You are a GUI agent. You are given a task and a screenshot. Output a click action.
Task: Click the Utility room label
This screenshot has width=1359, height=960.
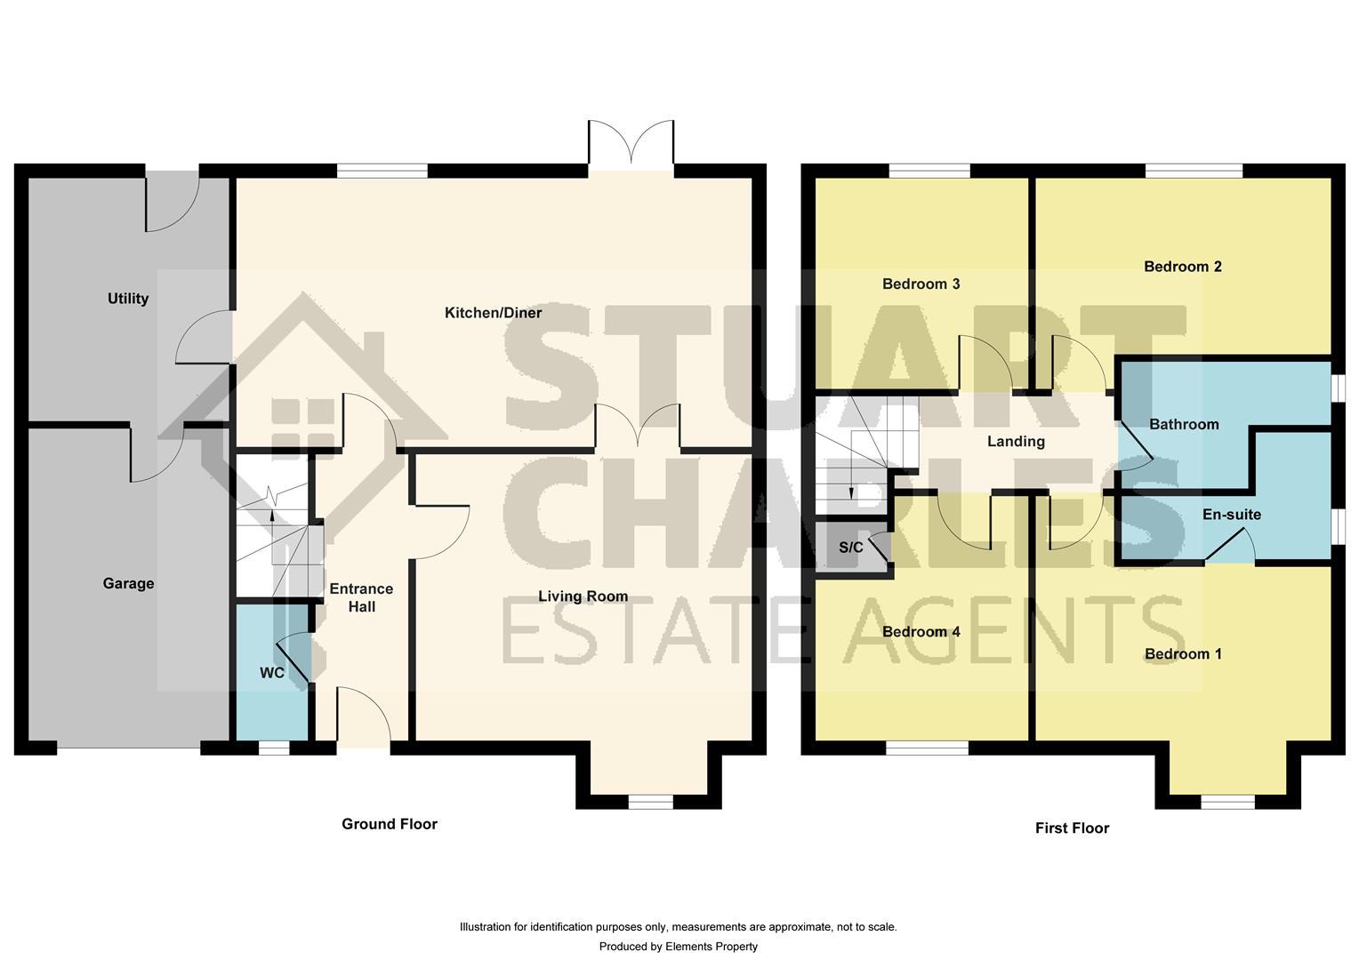click(x=128, y=299)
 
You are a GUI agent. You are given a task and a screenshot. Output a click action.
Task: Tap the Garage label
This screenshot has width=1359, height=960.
click(x=128, y=584)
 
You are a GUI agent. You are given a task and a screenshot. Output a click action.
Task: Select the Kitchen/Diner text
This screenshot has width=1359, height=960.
click(x=493, y=313)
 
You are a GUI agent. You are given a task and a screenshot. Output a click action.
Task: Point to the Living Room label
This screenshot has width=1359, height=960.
click(x=583, y=596)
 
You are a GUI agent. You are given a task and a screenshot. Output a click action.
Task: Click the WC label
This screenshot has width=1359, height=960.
click(x=272, y=673)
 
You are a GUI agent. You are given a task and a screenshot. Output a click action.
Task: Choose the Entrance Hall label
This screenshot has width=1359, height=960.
click(x=361, y=597)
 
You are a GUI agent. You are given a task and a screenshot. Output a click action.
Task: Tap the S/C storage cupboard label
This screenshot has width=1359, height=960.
click(x=850, y=548)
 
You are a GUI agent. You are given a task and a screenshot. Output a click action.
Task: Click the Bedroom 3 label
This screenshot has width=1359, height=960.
click(x=921, y=284)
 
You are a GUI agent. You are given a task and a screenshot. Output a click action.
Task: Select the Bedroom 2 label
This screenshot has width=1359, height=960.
click(x=1182, y=267)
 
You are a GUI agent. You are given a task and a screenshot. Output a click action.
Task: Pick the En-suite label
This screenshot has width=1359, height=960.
click(x=1231, y=515)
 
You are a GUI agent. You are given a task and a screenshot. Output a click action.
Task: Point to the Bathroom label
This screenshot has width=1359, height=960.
click(x=1183, y=425)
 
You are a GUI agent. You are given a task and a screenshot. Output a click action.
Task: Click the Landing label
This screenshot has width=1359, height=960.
click(x=1016, y=442)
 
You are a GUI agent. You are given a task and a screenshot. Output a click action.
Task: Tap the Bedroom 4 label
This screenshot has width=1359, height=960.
click(x=921, y=632)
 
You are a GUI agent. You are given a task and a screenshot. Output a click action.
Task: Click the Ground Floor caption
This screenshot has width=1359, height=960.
click(x=390, y=824)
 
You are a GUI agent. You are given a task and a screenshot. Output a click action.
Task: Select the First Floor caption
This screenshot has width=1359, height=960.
click(x=1072, y=828)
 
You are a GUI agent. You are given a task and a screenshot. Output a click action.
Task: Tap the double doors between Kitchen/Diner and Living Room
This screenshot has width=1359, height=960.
click(x=637, y=427)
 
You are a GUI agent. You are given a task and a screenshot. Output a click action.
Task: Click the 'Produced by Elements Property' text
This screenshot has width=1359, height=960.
click(x=678, y=947)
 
